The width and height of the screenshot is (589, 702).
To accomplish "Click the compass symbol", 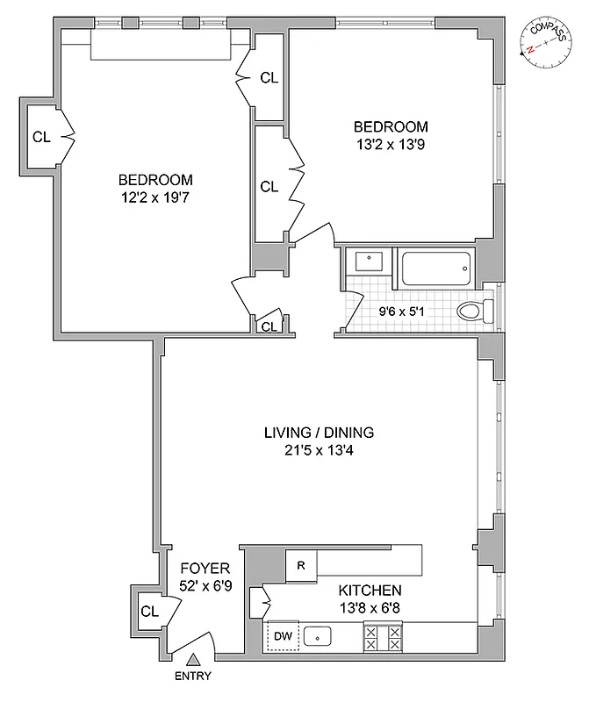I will (543, 39).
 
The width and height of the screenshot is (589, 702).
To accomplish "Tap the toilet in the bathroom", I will (475, 311).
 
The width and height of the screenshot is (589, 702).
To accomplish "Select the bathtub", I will (436, 268).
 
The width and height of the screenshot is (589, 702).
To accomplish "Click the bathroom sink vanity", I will (368, 261).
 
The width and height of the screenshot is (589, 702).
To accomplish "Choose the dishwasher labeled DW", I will (283, 635).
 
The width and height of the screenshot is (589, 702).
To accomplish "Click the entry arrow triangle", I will (193, 659).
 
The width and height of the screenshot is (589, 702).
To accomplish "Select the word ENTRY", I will (193, 677).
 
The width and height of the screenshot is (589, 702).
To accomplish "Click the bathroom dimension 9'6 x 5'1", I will (406, 310).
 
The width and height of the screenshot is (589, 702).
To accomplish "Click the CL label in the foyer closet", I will (148, 610).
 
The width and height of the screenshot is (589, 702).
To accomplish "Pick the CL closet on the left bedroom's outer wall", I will (41, 136).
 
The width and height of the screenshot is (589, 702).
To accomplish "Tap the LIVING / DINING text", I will (319, 432).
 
